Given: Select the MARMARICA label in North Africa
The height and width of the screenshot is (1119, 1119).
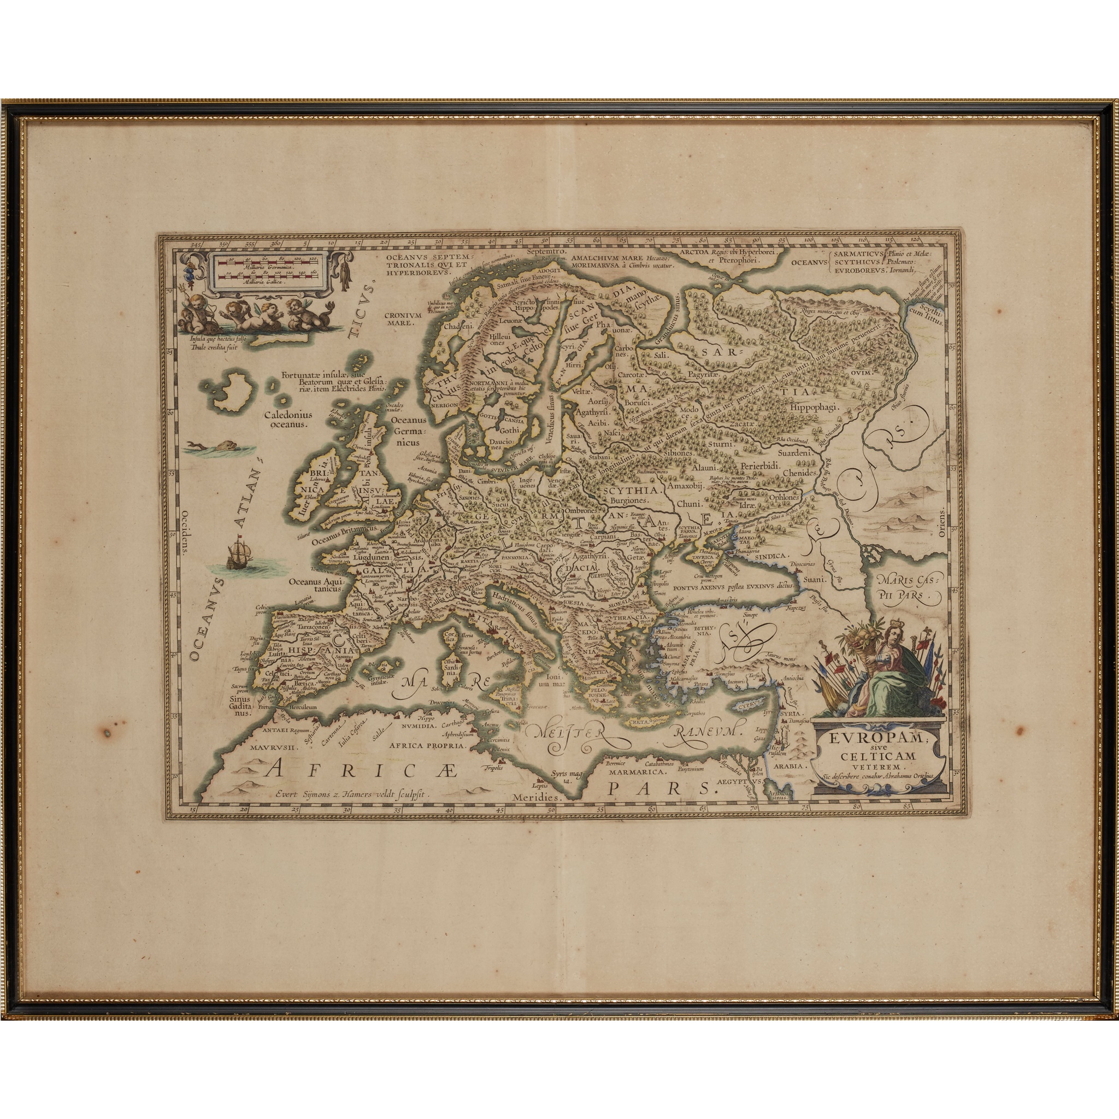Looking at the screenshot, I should click(x=635, y=772).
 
